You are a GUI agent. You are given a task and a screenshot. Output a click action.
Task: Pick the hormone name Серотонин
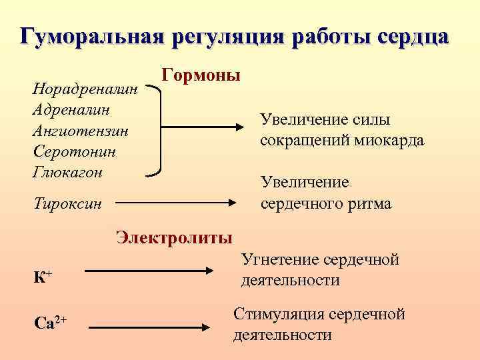74,151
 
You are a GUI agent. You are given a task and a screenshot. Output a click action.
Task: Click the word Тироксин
67,203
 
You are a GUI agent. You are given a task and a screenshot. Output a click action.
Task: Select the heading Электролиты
175,238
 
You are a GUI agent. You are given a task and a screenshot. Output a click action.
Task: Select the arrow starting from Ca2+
149,327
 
